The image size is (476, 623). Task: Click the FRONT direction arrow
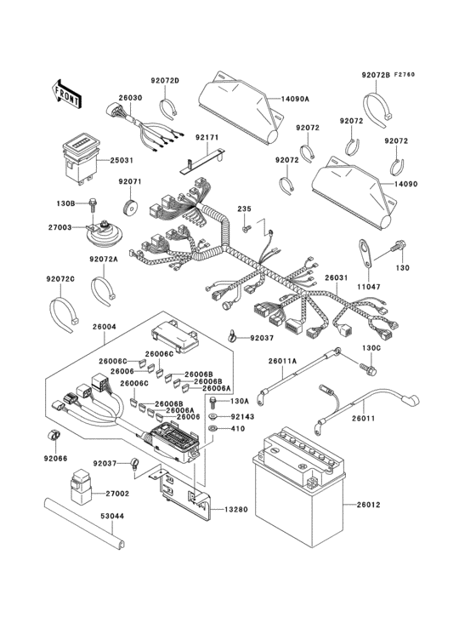pyautogui.click(x=67, y=92)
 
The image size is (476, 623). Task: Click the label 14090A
pyautogui.click(x=296, y=100)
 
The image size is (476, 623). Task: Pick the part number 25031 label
pyautogui.click(x=122, y=160)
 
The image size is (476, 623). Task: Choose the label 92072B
pyautogui.click(x=375, y=76)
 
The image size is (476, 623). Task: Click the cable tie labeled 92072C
pyautogui.click(x=68, y=311)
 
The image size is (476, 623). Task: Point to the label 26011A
pyautogui.click(x=283, y=361)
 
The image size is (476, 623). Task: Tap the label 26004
pyautogui.click(x=104, y=326)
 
